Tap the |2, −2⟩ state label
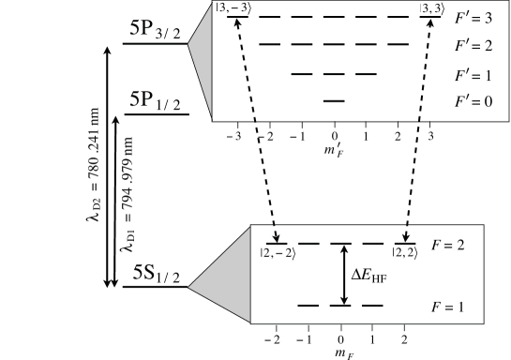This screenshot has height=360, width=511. [x=277, y=255]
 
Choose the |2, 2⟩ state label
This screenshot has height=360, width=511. [x=407, y=255]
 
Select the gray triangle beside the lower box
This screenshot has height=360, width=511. [x=225, y=281]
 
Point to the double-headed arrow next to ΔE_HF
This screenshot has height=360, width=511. [x=346, y=275]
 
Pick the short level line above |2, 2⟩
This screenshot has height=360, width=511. [x=407, y=245]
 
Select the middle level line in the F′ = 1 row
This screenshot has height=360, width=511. [x=334, y=73]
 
